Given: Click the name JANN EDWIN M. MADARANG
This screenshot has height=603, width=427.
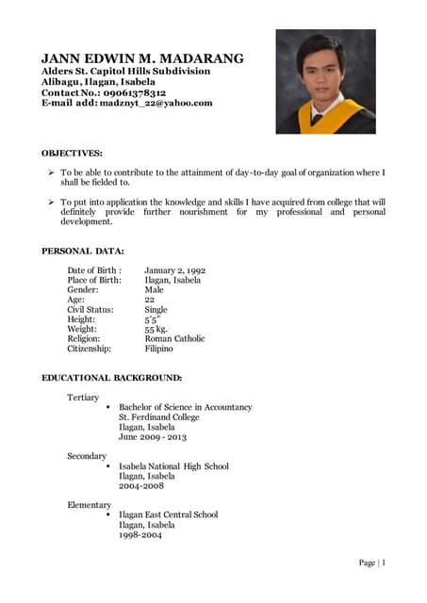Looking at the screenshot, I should click(x=142, y=58).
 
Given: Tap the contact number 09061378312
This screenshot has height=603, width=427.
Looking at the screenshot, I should click(x=135, y=93).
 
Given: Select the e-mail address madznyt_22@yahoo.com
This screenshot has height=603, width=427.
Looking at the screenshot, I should click(x=156, y=104).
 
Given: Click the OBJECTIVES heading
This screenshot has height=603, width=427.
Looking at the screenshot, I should click(x=73, y=152).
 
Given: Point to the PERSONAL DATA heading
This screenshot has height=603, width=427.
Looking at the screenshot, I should click(x=83, y=251).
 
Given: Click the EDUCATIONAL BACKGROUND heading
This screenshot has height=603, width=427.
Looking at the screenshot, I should click(x=112, y=378).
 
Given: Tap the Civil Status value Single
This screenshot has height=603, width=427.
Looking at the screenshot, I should click(x=156, y=309).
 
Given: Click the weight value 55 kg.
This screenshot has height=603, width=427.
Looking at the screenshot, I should click(x=156, y=329).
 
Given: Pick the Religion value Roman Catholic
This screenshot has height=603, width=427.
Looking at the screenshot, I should click(x=174, y=338).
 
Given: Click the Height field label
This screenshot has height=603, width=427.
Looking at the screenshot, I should click(x=81, y=319).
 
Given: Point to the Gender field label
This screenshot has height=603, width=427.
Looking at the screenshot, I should click(x=83, y=290).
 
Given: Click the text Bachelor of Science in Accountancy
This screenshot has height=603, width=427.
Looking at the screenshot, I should click(x=186, y=407).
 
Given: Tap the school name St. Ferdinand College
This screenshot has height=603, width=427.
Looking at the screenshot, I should click(x=159, y=416).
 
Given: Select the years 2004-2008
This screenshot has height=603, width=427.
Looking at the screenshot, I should click(x=140, y=485).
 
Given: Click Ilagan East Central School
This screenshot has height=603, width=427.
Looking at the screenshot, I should click(x=168, y=514).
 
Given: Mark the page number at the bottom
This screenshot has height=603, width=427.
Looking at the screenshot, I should click(x=372, y=562).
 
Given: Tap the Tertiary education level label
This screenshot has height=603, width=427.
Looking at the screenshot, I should click(x=83, y=398).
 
